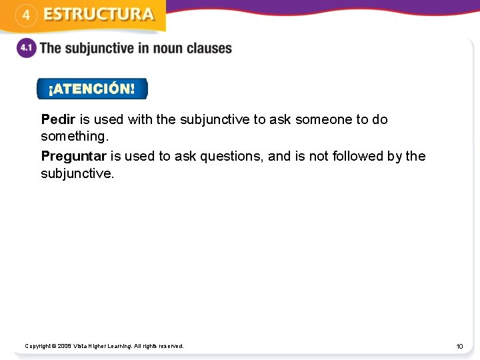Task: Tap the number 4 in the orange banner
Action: coord(25,15)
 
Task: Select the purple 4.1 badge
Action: coord(26,49)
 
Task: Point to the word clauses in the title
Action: coord(211,49)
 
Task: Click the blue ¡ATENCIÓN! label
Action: coord(91,89)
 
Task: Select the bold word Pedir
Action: coord(58,119)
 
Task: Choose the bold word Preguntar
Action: coord(73,156)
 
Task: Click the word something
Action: coord(74,137)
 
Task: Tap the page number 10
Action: coord(459,347)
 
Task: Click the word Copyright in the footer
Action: coord(38,346)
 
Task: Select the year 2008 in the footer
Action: coord(64,346)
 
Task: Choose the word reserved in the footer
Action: coord(171,346)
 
